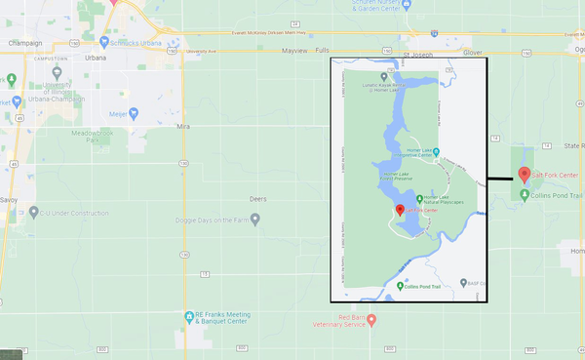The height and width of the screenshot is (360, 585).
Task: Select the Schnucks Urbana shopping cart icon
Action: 105,44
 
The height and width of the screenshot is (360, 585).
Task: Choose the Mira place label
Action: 182,127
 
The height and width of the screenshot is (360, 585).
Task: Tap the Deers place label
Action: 257,198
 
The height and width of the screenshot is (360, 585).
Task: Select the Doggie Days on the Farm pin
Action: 255,220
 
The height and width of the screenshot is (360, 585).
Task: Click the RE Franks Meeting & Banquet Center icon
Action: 189,315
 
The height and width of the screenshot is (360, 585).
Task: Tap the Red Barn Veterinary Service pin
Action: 371,319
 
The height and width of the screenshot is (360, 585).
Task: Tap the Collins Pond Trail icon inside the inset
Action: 402,286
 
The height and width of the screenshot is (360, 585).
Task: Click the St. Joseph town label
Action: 418,56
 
